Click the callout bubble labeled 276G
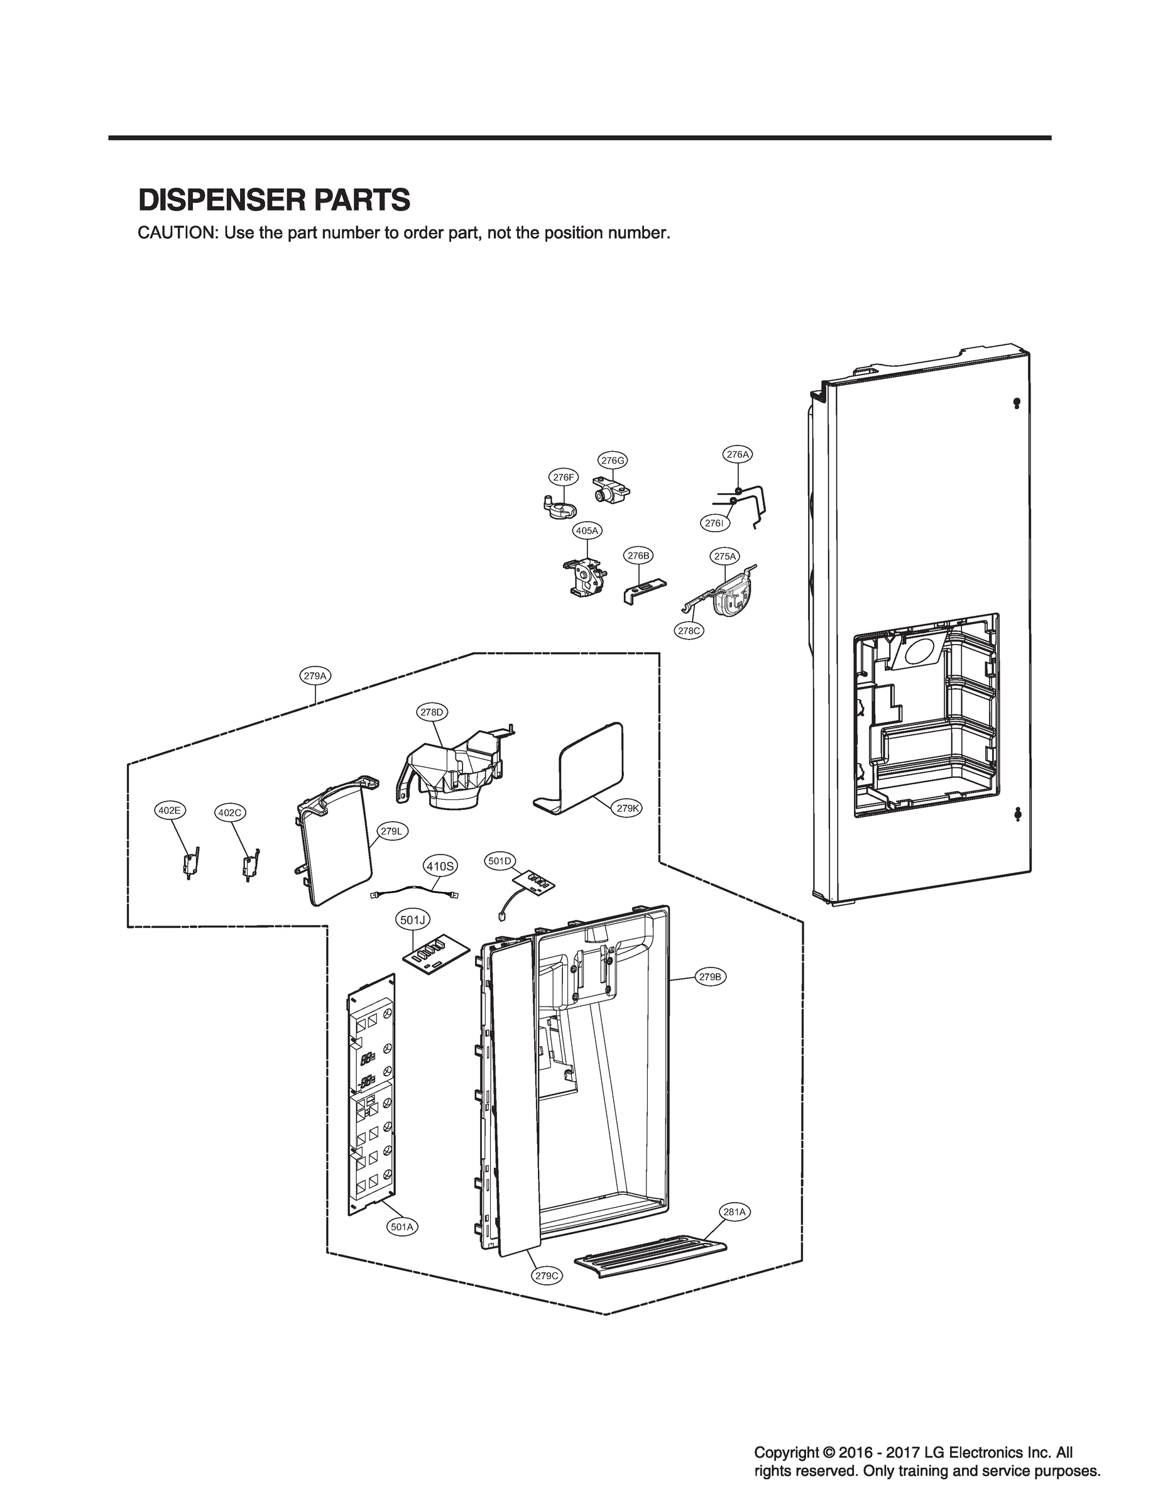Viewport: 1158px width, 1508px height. (x=612, y=460)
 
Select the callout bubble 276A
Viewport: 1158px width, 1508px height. (x=738, y=454)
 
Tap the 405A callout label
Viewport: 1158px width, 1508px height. (x=587, y=531)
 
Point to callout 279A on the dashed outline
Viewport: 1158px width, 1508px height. (x=314, y=676)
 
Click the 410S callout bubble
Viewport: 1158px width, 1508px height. (x=439, y=866)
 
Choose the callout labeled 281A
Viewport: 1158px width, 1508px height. (x=735, y=1211)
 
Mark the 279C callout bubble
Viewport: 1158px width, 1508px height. (x=547, y=1276)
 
